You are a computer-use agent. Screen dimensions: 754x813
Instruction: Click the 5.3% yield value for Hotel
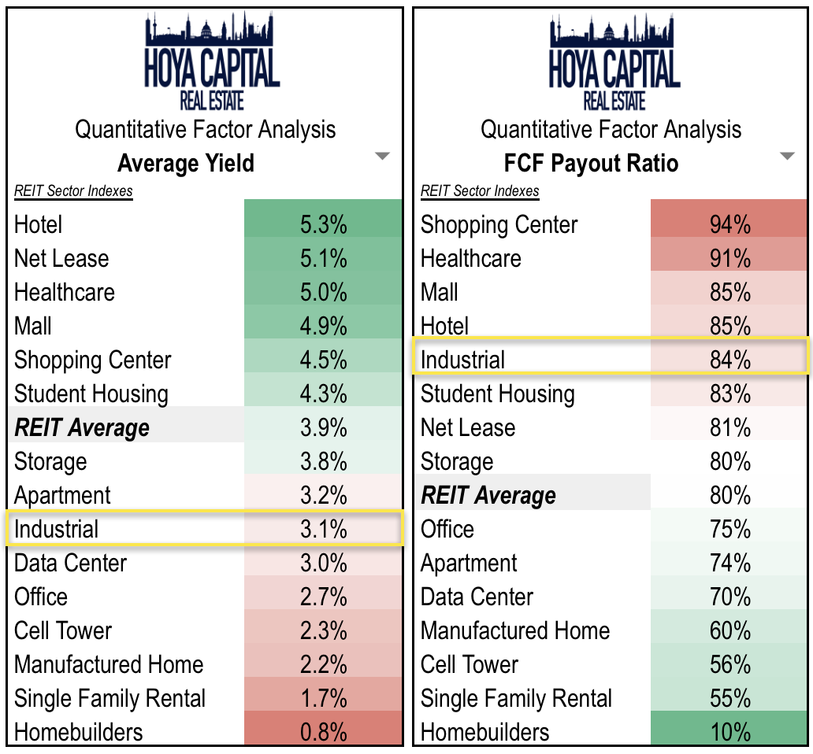[323, 225]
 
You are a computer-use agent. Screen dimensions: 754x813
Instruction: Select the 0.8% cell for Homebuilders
[323, 732]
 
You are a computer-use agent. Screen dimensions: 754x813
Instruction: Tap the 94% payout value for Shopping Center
[729, 225]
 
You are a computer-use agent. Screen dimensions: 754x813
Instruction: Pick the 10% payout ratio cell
[729, 732]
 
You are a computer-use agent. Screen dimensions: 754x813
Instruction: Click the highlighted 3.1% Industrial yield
[323, 529]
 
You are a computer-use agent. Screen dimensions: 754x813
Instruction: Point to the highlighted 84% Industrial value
[729, 360]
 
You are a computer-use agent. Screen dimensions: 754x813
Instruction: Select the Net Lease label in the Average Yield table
[61, 259]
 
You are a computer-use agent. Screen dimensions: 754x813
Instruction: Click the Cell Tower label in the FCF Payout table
[470, 664]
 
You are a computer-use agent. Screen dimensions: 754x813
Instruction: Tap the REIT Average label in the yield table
[82, 428]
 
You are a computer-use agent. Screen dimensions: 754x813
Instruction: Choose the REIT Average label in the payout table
[488, 496]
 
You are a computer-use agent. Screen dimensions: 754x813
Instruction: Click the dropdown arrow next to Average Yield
[382, 157]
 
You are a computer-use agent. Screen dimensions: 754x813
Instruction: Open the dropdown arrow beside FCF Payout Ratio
[786, 157]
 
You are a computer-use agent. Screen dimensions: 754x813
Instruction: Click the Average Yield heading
[186, 163]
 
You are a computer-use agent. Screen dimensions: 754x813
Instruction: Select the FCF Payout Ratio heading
[591, 163]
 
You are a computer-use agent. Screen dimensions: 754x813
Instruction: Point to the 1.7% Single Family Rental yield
[323, 698]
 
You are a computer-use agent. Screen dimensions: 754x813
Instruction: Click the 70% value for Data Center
[729, 597]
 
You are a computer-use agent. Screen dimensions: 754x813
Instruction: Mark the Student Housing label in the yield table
[91, 394]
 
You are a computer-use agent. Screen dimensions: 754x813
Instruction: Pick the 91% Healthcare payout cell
[729, 259]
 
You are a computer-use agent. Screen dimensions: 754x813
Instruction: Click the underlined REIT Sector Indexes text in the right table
[480, 191]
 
